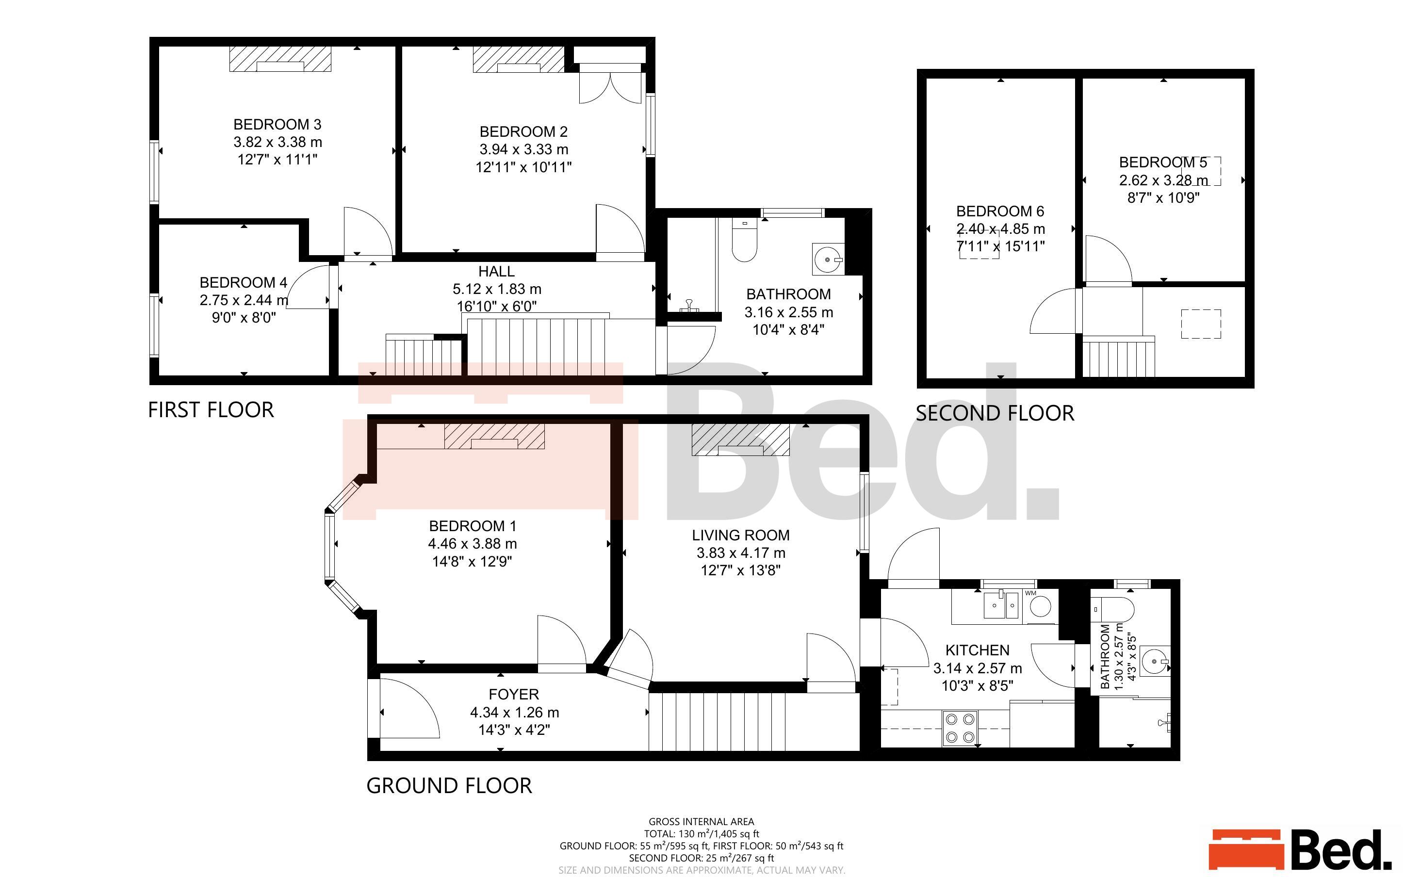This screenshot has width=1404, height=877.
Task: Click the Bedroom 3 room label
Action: coord(277,124)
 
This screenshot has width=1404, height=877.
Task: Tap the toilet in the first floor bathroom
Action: coord(744,241)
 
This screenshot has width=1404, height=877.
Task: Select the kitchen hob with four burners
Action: coord(960,729)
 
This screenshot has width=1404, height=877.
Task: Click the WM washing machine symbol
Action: coord(1041,607)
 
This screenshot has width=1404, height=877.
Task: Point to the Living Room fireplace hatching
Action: coord(740,439)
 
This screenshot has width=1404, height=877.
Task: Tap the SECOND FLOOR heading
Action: coord(995,413)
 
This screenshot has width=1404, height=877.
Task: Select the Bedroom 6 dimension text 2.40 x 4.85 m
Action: coord(1000,228)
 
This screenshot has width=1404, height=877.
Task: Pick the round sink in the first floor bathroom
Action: coord(827,260)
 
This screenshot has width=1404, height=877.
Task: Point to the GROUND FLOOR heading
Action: coord(449,785)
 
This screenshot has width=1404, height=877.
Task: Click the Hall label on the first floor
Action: coord(496,272)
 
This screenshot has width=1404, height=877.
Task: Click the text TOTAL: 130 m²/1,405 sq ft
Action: coord(701,833)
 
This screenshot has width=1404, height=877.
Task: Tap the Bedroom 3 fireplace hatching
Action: coord(280,59)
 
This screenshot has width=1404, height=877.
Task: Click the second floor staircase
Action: coord(1119,358)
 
